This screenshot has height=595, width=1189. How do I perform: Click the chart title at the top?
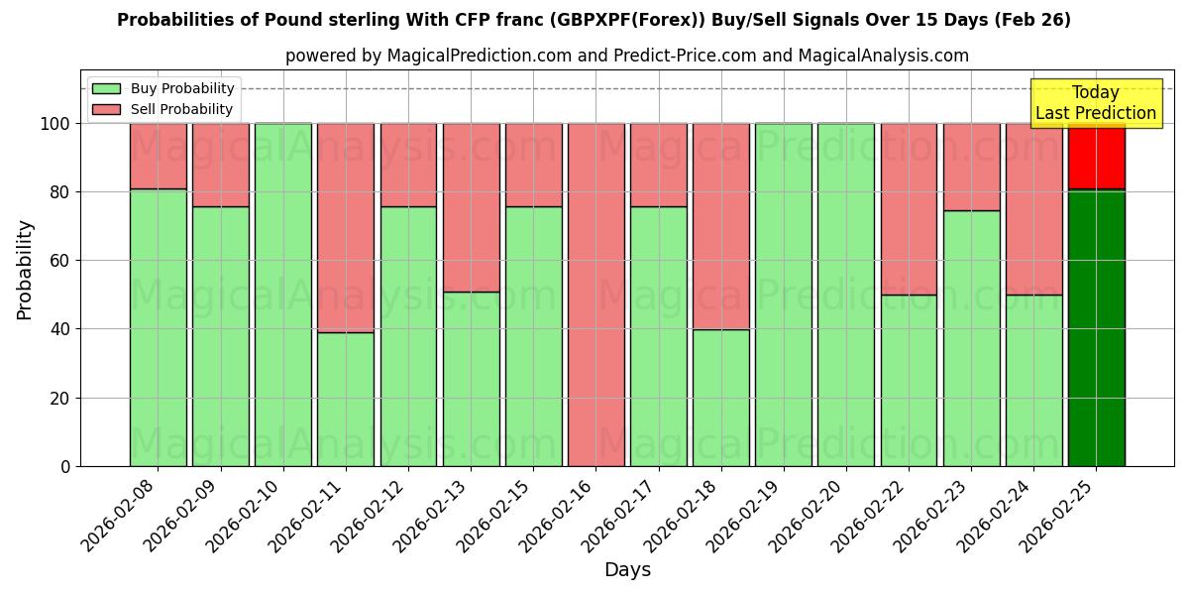(x=594, y=20)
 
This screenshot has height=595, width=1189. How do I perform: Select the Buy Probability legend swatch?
(x=106, y=88)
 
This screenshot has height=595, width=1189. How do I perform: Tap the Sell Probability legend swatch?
(x=106, y=109)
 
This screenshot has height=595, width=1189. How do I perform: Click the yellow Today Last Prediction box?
(x=1096, y=103)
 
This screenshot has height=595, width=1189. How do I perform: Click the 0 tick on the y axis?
(x=66, y=466)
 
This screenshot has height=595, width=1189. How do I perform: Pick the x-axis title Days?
(x=627, y=569)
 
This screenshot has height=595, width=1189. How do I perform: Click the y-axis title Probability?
(x=25, y=270)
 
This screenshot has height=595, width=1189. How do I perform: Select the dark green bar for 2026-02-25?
(x=1096, y=327)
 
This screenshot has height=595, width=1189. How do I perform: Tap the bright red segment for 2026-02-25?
(x=1096, y=156)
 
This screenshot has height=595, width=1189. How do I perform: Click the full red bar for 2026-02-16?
(x=595, y=295)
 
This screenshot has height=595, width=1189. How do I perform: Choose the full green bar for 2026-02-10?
(x=282, y=295)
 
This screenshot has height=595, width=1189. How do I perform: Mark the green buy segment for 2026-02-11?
(x=345, y=399)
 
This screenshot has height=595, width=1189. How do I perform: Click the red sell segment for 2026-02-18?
(x=720, y=226)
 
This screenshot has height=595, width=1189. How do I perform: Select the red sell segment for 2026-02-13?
(x=471, y=207)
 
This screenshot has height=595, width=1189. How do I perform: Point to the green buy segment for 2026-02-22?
(x=909, y=380)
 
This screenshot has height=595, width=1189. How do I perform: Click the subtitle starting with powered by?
(x=626, y=56)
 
